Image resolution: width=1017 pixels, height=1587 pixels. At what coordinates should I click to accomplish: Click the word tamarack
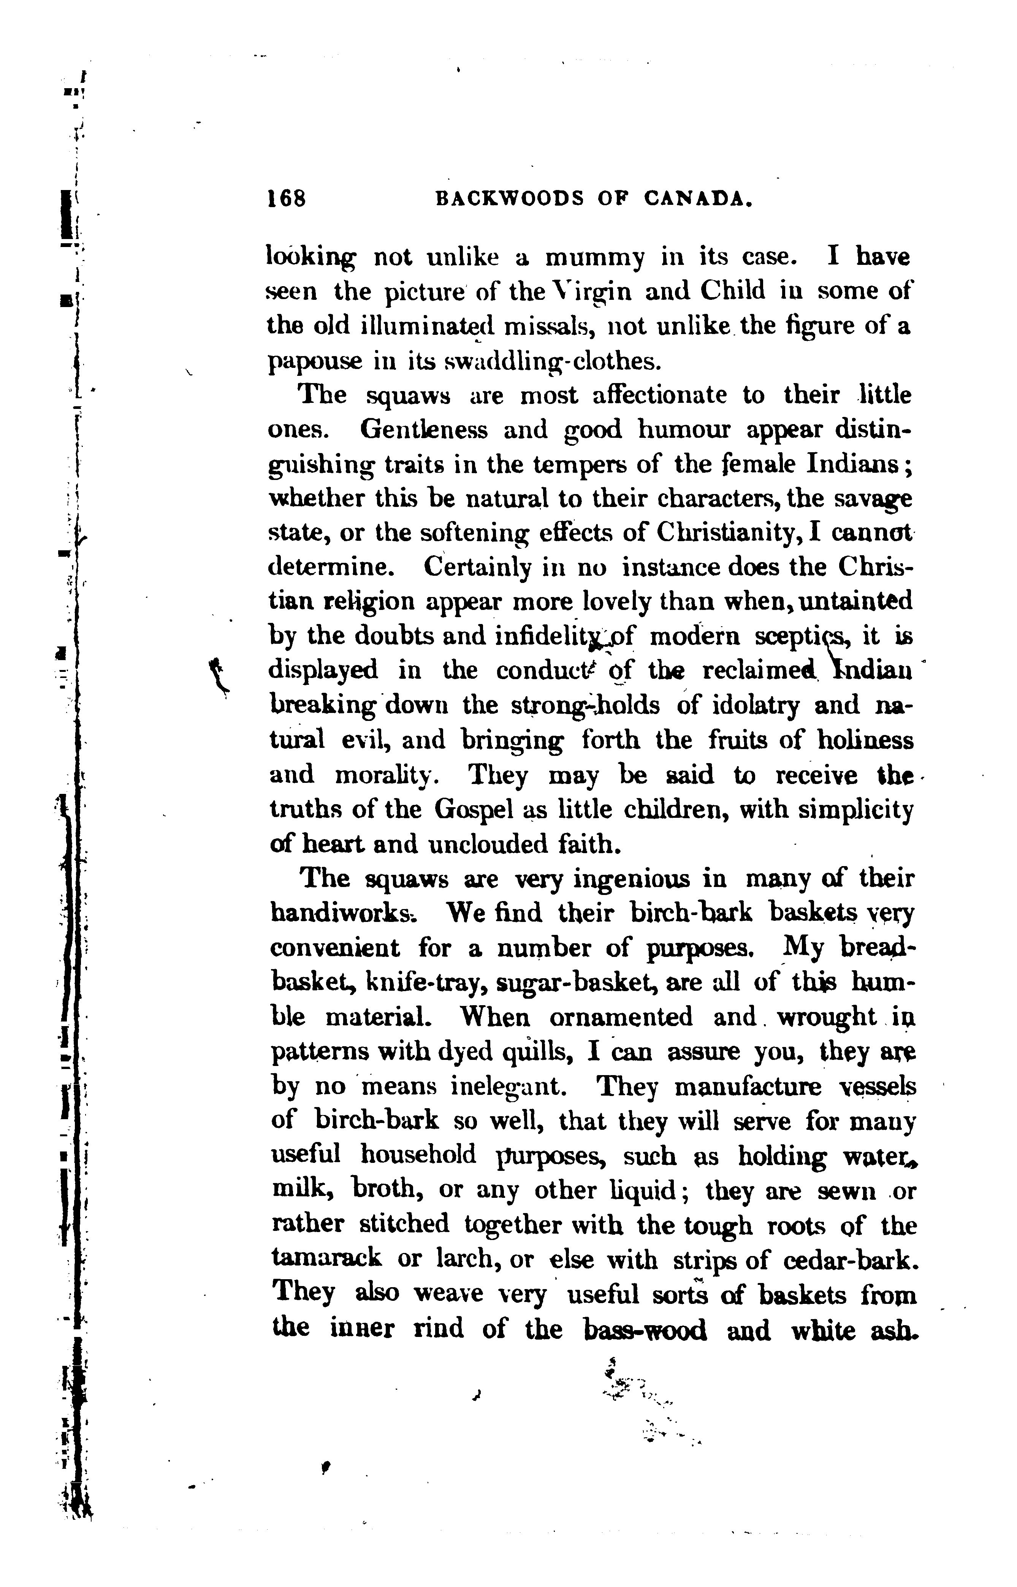point(326,1258)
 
